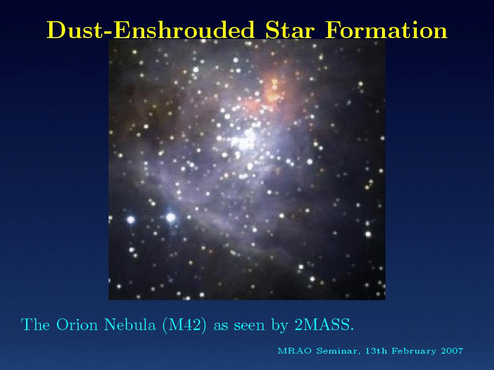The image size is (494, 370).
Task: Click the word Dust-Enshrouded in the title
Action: click(151, 30)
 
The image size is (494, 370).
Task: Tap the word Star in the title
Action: click(290, 30)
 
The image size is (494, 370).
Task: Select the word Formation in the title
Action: click(386, 30)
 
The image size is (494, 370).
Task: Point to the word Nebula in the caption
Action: click(130, 324)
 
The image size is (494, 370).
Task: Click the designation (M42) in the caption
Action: click(185, 325)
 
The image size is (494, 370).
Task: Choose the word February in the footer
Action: click(414, 351)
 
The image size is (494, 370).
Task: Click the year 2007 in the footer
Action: click(452, 351)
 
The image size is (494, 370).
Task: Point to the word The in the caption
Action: click(35, 324)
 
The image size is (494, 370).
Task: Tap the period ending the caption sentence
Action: click(352, 330)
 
